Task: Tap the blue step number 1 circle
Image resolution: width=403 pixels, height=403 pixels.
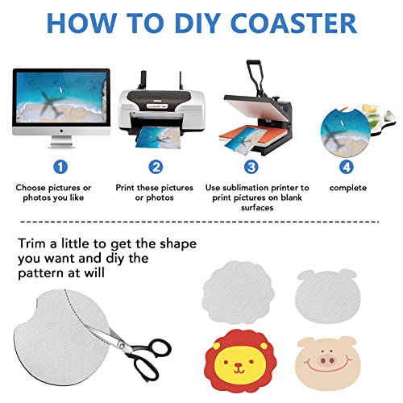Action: click(60, 167)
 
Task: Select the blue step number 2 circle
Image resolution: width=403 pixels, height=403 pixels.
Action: click(156, 167)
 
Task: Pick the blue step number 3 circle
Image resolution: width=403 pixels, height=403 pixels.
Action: click(251, 167)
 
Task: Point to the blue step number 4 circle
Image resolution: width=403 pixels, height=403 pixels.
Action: click(347, 167)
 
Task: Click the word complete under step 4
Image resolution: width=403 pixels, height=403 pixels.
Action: click(348, 188)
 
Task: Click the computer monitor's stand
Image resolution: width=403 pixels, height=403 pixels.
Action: click(61, 142)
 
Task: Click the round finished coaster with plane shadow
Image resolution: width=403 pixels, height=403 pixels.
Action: click(346, 133)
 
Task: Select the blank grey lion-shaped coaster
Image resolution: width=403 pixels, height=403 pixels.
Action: click(239, 292)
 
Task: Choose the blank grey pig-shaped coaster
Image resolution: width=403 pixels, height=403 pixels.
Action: click(327, 296)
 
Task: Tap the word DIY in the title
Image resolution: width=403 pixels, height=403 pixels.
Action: click(197, 23)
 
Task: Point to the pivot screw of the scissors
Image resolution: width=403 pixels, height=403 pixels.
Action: click(121, 344)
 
